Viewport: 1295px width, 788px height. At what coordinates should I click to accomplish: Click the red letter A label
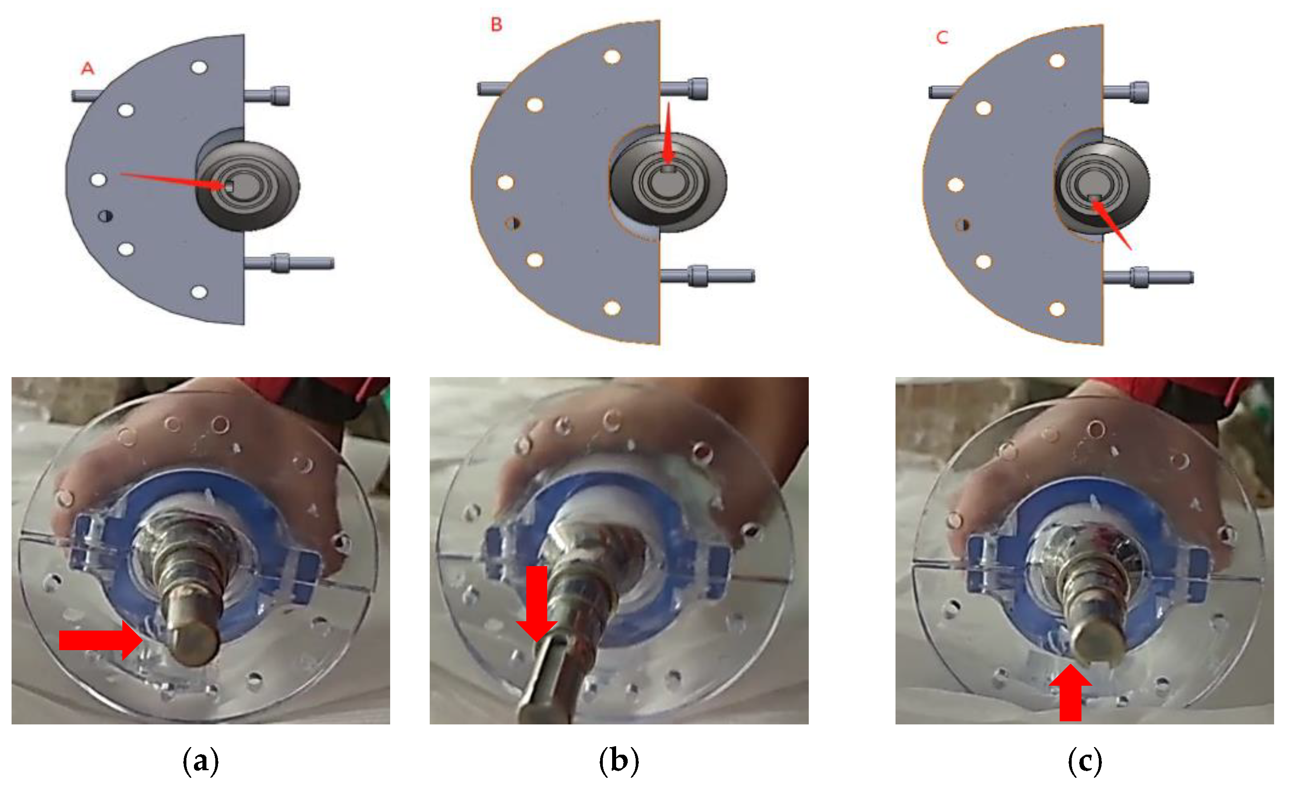tap(88, 68)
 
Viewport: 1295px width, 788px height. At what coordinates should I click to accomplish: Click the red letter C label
tap(942, 37)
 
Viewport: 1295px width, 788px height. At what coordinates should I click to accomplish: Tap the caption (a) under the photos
tap(200, 761)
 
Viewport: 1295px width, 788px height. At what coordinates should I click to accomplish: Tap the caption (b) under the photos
tap(619, 761)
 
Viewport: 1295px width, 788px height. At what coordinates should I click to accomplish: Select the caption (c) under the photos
tap(1084, 761)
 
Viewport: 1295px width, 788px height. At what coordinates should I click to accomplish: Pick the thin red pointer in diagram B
tap(668, 133)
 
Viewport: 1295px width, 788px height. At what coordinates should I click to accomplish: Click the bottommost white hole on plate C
tap(1057, 309)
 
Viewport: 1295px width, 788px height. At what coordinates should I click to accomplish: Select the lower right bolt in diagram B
tap(707, 276)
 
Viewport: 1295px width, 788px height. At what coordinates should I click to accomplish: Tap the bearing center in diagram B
tap(667, 181)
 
